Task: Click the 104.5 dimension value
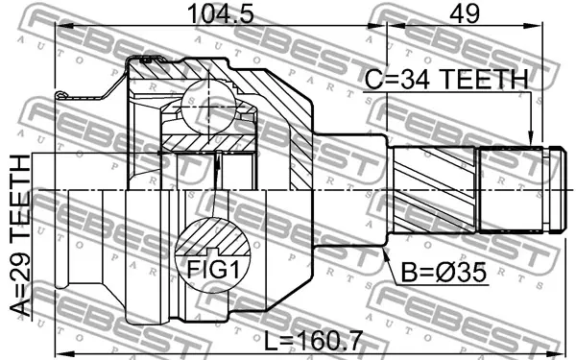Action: click(221, 14)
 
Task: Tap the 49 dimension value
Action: click(465, 14)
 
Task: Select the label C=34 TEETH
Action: click(446, 79)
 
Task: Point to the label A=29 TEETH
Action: click(20, 236)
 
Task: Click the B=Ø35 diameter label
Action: click(444, 273)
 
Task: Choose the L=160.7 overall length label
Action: click(314, 340)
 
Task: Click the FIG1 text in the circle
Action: click(213, 270)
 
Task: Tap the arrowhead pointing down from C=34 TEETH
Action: click(530, 138)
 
